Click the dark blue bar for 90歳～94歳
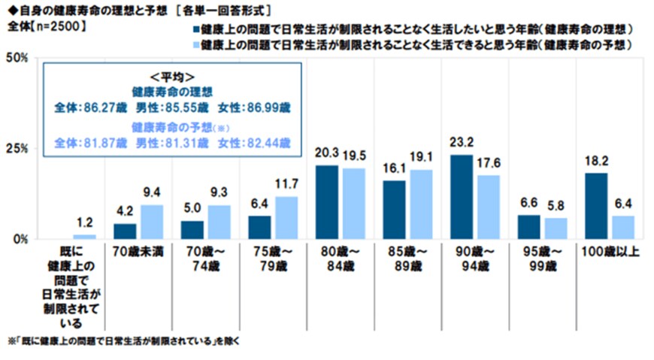pyautogui.click(x=462, y=197)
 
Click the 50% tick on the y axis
pyautogui.click(x=16, y=58)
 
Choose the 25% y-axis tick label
pyautogui.click(x=16, y=149)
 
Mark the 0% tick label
pyautogui.click(x=19, y=239)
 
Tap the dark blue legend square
pyautogui.click(x=197, y=31)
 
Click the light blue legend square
pyautogui.click(x=197, y=46)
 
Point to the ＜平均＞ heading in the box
pyautogui.click(x=172, y=77)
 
